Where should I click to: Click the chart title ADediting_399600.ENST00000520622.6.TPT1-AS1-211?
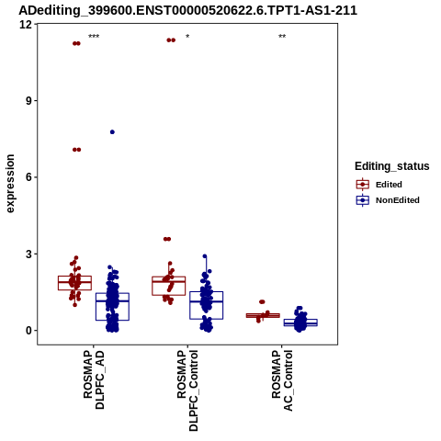[187, 10]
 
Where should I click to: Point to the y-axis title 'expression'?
[10, 184]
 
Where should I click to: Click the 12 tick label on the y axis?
[26, 24]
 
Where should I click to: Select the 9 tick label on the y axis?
[29, 101]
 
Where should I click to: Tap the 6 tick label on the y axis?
[29, 177]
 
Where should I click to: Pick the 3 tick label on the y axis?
[29, 254]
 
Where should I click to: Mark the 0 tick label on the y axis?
[29, 331]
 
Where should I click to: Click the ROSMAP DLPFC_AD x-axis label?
[94, 379]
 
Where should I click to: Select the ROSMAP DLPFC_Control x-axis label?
[187, 390]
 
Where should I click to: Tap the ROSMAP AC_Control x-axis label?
[282, 380]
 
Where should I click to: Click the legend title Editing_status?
[392, 166]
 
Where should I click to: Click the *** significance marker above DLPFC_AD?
[94, 37]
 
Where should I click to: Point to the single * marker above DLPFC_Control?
[187, 37]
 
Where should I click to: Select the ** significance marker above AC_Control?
[282, 37]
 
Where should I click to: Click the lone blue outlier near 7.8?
[112, 132]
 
